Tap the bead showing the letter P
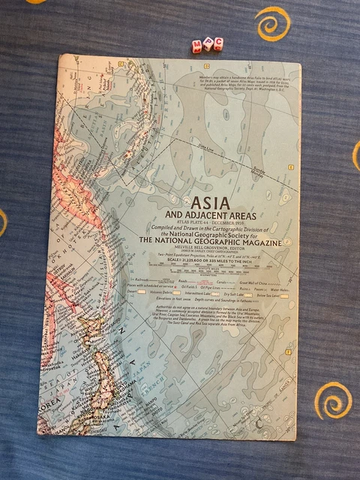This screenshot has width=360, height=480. (208, 43)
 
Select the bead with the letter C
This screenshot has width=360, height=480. (218, 43)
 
